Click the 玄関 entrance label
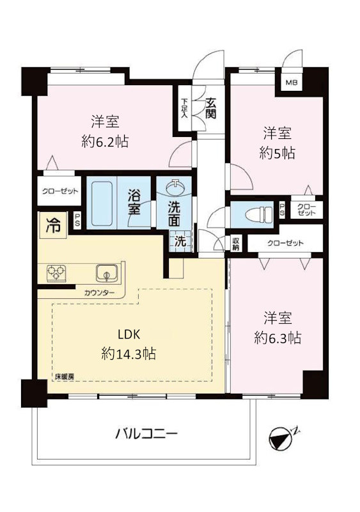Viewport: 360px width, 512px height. tap(211, 108)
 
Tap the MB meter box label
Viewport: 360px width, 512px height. tap(292, 83)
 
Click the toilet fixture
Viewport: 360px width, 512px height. tap(259, 214)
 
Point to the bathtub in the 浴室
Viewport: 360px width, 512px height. tap(102, 204)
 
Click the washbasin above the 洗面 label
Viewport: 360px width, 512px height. tap(176, 188)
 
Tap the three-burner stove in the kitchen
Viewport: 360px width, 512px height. tap(56, 273)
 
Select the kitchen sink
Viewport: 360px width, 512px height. tap(107, 273)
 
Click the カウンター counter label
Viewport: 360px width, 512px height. tap(99, 293)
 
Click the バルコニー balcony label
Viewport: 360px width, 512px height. tap(146, 434)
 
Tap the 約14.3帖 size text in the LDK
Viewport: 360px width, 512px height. tap(129, 354)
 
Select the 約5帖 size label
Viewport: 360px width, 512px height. tap(277, 153)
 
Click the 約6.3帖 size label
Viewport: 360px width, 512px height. tap(278, 338)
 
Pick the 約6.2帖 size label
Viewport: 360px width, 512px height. tap(105, 141)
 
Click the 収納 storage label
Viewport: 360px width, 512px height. tap(236, 244)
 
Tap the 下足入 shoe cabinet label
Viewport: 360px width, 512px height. tap(185, 108)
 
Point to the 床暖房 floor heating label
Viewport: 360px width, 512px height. tap(64, 376)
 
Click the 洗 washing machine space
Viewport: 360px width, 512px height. tap(180, 241)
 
